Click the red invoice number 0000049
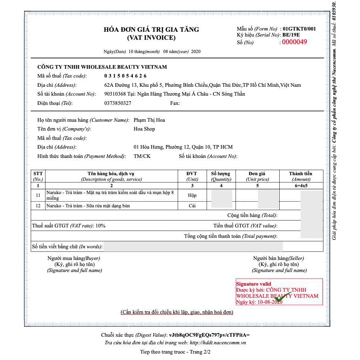294,42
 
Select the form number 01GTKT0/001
299,29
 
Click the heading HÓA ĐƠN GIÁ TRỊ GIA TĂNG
151,30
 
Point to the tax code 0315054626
125,76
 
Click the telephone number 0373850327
118,103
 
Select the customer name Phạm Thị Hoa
149,120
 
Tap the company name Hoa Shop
144,129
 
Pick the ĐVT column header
192,174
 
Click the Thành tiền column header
301,174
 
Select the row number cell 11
38,195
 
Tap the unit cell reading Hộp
192,195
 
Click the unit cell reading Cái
192,206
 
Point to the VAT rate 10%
100,226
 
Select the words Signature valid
254,284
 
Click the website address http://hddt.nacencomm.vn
217,342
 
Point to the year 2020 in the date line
196,51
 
